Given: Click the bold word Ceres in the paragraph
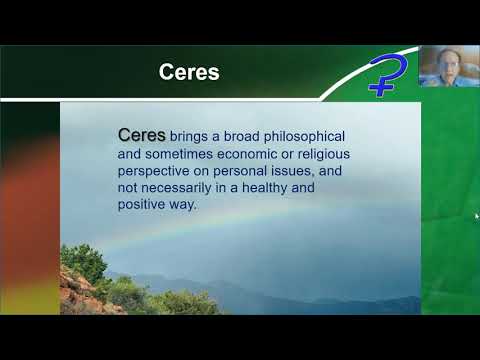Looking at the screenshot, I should click(x=142, y=133).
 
